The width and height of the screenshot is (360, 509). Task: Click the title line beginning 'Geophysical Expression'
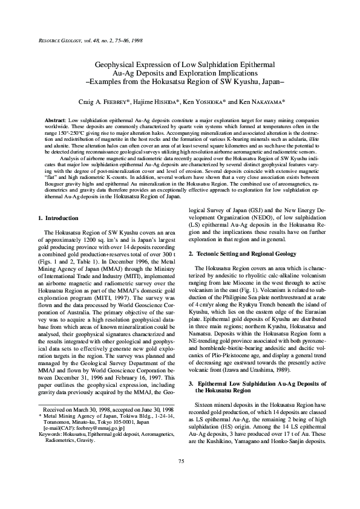point(180,64)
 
